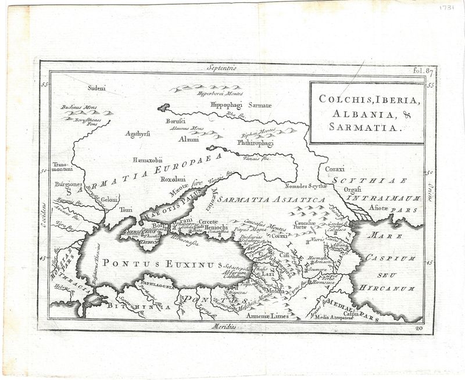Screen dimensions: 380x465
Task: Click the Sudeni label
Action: (97, 88)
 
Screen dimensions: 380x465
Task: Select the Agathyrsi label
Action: (138, 134)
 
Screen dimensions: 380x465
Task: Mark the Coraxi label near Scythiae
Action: (335, 169)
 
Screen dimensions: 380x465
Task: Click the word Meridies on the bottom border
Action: (223, 327)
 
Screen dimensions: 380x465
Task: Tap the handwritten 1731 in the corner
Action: (447, 10)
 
